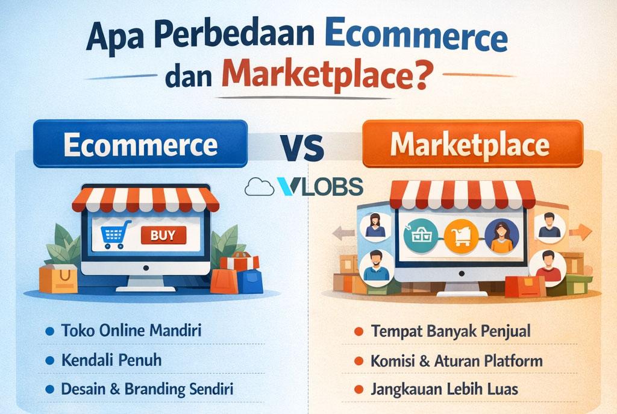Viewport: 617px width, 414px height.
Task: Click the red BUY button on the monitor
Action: click(x=163, y=235)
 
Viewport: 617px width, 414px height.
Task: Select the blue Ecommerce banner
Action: click(x=140, y=145)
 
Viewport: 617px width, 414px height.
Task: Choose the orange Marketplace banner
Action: click(x=472, y=145)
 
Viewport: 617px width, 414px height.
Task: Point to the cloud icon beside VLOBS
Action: click(x=258, y=187)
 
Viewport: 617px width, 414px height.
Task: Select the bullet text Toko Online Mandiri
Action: click(x=131, y=331)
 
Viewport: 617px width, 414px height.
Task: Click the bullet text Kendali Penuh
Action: click(x=111, y=360)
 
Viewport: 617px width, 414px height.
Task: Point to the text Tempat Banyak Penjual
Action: click(x=451, y=331)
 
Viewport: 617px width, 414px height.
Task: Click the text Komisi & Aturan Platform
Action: click(x=457, y=360)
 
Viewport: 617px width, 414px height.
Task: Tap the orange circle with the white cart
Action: click(x=460, y=236)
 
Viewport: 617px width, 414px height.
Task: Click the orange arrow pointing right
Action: click(x=580, y=231)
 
